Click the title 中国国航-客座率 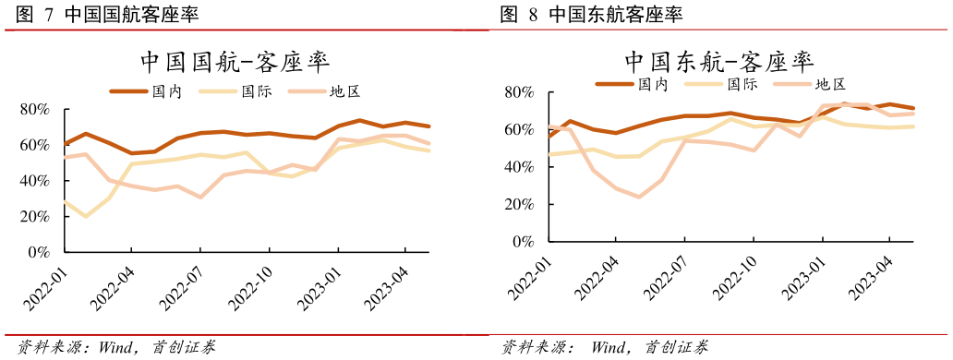pos(235,61)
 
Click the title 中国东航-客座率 pos(718,61)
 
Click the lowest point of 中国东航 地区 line pos(638,197)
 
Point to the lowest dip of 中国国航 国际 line pos(87,216)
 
